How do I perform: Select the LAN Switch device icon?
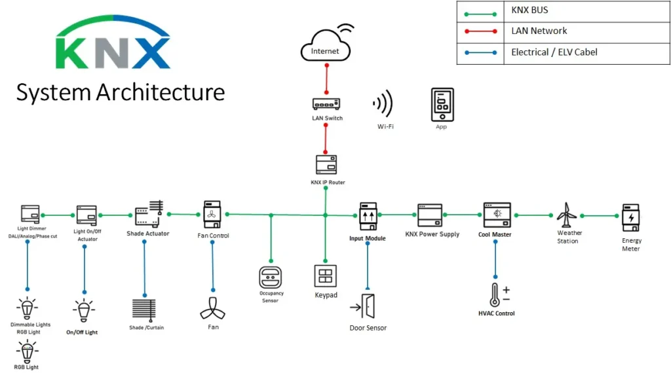point(326,103)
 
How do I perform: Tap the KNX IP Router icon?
point(326,164)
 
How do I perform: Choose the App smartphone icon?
point(442,104)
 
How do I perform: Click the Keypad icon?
point(326,276)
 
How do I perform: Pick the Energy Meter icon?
point(631,216)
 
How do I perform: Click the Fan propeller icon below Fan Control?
point(212,307)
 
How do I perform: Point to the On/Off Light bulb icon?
point(83,311)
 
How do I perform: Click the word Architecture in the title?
point(160,92)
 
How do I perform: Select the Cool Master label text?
point(495,234)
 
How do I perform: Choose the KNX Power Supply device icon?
point(429,215)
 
